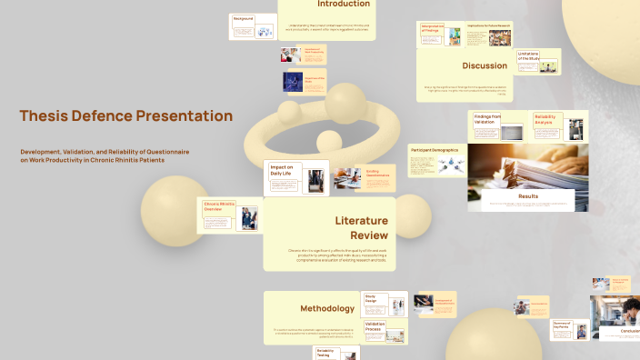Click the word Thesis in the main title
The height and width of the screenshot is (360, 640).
point(46,116)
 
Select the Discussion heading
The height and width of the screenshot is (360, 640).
point(484,65)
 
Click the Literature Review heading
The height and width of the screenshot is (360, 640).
point(361,228)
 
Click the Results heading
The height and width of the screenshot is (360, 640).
point(527,195)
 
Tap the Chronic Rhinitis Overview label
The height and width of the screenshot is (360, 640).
point(218,206)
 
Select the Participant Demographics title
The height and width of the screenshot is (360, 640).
point(437,148)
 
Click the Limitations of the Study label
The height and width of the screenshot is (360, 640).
point(530,56)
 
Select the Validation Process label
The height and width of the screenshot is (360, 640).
point(375,326)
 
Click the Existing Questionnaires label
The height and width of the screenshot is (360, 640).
point(378,173)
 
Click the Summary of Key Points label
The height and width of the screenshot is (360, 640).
point(562,325)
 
